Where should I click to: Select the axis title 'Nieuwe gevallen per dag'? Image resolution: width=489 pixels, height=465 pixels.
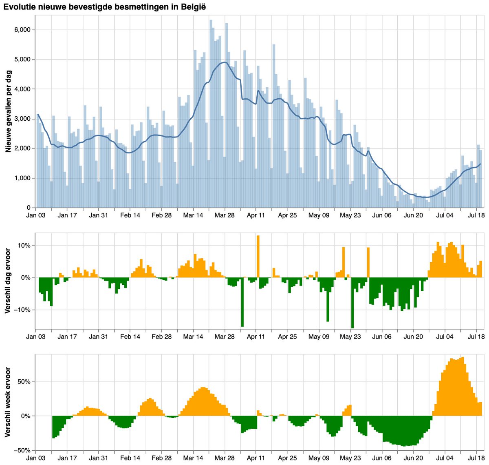(x=8, y=111)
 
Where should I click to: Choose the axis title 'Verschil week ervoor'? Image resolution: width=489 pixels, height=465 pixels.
(x=8, y=402)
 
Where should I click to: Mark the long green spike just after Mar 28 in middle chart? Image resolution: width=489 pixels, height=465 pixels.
(x=242, y=302)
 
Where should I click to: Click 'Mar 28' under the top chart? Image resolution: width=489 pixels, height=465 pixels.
(x=225, y=215)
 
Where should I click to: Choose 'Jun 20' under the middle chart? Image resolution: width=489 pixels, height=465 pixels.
(x=413, y=337)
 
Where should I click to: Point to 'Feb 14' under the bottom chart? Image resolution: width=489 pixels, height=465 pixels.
(x=130, y=458)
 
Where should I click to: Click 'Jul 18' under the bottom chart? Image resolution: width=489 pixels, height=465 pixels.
(x=476, y=458)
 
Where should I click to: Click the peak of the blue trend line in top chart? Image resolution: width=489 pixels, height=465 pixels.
(x=225, y=62)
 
